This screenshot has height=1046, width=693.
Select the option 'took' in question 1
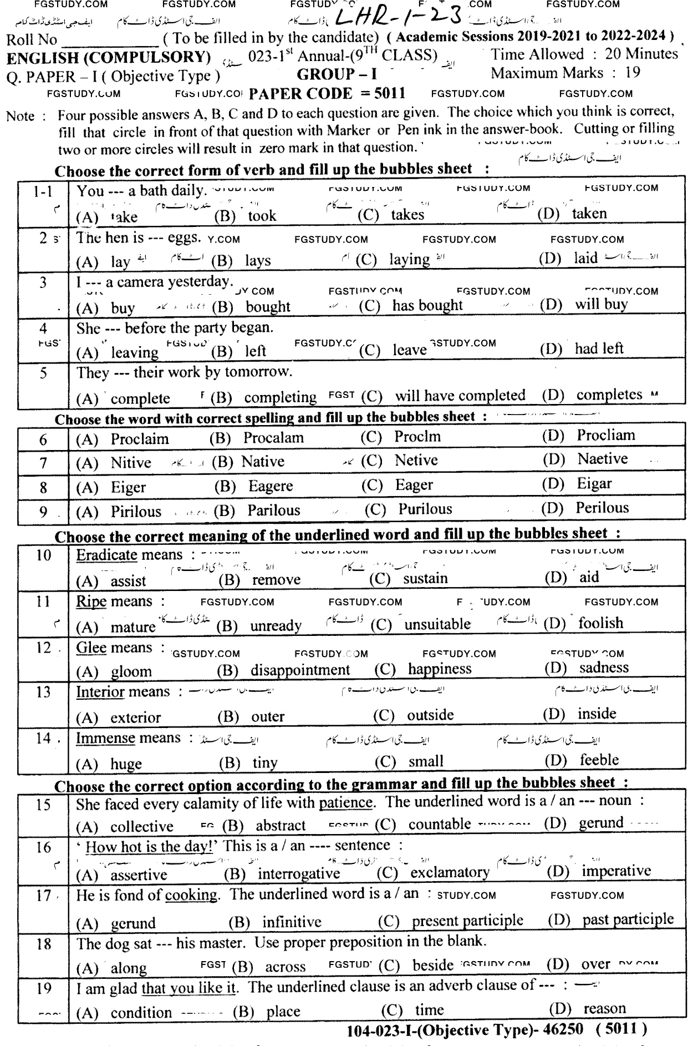pyautogui.click(x=262, y=216)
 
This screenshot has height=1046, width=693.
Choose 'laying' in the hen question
pyautogui.click(x=409, y=259)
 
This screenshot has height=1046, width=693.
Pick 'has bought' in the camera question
pyautogui.click(x=427, y=305)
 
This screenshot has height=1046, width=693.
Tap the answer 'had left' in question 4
pyautogui.click(x=599, y=348)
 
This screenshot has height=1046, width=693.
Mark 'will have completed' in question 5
pyautogui.click(x=460, y=396)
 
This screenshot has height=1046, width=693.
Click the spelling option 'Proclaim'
pyautogui.click(x=139, y=439)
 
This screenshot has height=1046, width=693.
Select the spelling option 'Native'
pyautogui.click(x=263, y=462)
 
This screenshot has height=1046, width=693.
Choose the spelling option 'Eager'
pyautogui.click(x=414, y=485)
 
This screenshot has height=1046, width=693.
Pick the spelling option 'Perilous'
pyautogui.click(x=602, y=508)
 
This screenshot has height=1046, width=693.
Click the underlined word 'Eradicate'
pyautogui.click(x=106, y=555)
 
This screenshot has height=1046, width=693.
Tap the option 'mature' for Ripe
pyautogui.click(x=133, y=627)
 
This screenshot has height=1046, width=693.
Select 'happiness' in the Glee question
pyautogui.click(x=440, y=669)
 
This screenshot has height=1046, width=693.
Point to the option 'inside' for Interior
pyautogui.click(x=597, y=714)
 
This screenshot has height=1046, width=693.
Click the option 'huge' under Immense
pyautogui.click(x=126, y=764)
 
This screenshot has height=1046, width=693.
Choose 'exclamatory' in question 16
pyautogui.click(x=450, y=872)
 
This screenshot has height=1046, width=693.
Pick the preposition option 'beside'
pyautogui.click(x=432, y=965)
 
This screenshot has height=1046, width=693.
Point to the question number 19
pyautogui.click(x=43, y=988)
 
